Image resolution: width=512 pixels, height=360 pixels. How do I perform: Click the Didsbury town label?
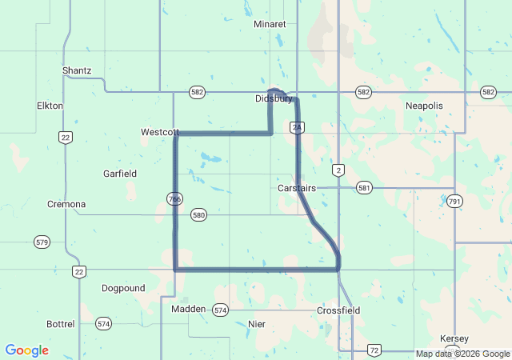click(273, 99)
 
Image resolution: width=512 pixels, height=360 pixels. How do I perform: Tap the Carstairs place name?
click(297, 188)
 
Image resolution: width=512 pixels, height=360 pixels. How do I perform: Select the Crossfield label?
click(338, 310)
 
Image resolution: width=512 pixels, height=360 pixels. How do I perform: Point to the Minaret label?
click(270, 24)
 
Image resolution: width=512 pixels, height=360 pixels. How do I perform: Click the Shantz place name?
click(77, 70)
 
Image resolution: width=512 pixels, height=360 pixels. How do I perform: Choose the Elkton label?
click(50, 106)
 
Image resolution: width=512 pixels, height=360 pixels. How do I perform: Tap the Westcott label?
click(158, 132)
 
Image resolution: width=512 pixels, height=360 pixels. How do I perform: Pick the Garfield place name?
click(120, 174)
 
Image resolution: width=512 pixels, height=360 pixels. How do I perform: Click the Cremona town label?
click(66, 204)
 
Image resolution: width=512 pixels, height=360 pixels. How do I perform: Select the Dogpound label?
click(123, 288)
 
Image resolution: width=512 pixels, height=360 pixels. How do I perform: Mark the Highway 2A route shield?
click(297, 128)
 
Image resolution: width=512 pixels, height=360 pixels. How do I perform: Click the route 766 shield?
click(174, 198)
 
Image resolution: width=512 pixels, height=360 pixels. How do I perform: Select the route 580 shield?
click(199, 215)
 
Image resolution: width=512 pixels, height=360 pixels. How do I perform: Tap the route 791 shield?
click(454, 200)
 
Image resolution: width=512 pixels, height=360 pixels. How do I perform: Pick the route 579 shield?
click(42, 241)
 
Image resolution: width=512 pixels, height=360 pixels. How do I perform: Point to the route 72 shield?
click(374, 350)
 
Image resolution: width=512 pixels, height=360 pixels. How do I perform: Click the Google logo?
click(27, 350)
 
